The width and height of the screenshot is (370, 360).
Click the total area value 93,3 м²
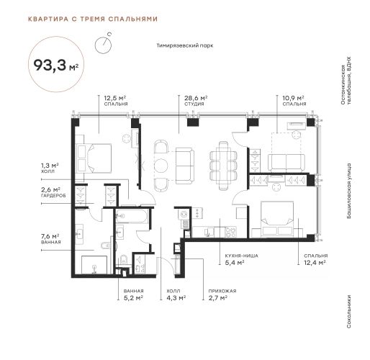pos(56,65)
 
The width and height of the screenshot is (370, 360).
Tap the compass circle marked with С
pos(103,45)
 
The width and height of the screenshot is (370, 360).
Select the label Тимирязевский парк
pos(185,45)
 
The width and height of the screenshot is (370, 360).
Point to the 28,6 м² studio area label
pos(196,98)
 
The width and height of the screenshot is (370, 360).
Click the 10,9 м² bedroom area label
pos(293,98)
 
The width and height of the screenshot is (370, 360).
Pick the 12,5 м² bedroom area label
pos(115,98)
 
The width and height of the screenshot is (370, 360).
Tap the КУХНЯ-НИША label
pos(241,256)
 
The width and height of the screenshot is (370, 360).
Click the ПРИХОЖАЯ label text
pos(222,291)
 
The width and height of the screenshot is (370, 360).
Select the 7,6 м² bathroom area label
pos(50,236)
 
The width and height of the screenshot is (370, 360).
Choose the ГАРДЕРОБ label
pos(53,196)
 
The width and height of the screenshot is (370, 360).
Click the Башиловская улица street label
pos(349,191)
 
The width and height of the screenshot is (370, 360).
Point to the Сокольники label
pos(349,311)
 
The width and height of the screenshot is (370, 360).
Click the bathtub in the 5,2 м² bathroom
pos(132,216)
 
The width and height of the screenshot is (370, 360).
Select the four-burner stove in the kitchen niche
pos(231,232)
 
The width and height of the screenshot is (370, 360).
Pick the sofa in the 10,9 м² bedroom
pos(286,163)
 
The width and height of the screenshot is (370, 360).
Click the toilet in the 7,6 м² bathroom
pos(106,246)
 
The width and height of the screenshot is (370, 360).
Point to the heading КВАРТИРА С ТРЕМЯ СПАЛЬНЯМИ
pos(93,19)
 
